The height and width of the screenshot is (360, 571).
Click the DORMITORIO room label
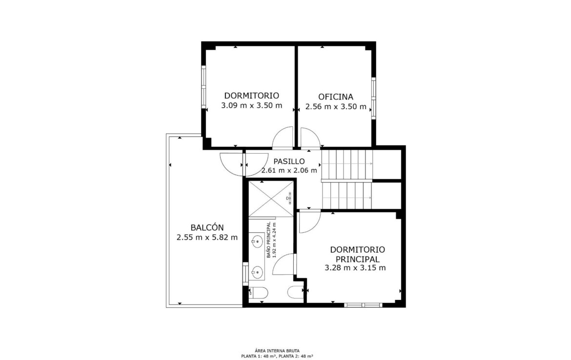251,96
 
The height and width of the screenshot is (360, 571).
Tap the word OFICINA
336,97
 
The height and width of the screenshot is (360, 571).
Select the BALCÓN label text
207,227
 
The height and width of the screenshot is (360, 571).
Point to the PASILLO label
289,161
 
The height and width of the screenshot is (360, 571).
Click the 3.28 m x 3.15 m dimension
355,268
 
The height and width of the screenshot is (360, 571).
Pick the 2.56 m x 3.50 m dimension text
336,107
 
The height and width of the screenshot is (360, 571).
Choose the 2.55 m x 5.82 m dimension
207,238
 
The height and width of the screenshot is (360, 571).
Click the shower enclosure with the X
271,199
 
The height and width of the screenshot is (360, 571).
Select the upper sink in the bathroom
258,240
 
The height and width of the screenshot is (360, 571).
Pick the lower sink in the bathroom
258,272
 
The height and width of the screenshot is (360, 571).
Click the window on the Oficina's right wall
374,98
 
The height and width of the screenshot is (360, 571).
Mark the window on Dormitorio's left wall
204,87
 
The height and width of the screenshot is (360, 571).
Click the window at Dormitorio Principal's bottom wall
363,305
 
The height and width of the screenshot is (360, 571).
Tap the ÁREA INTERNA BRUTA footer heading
277,351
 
